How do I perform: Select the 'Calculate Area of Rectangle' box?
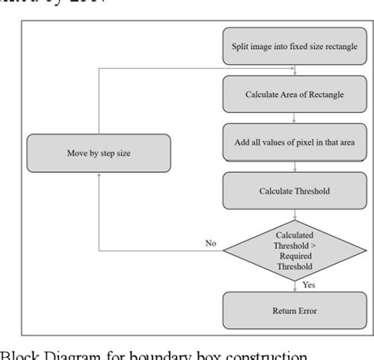click(294, 96)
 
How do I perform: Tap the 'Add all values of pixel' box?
click(294, 142)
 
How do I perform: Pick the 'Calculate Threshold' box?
click(294, 191)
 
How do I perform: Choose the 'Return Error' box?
click(294, 310)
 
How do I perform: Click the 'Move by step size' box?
click(99, 153)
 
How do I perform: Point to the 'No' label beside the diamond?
click(211, 243)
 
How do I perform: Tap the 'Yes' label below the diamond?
click(309, 284)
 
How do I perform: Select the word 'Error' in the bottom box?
click(307, 310)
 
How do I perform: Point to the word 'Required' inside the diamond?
click(294, 256)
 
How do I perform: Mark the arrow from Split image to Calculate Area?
click(294, 71)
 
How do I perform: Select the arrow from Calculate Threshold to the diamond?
click(294, 215)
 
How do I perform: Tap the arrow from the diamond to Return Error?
click(294, 284)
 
